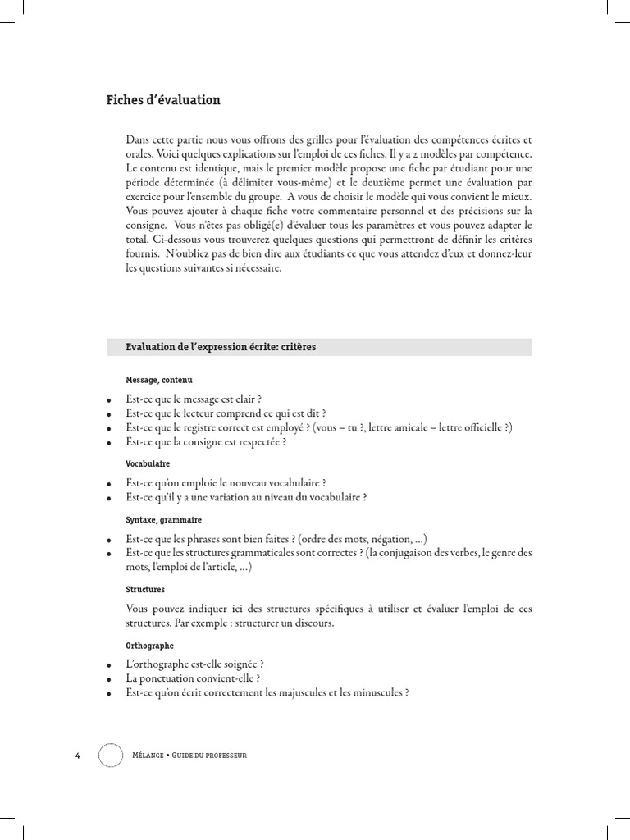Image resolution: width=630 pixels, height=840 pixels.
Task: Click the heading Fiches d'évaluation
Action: coord(163,100)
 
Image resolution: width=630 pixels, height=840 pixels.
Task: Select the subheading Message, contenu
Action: coord(159,381)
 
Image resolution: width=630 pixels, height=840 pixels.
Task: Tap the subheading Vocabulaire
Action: coord(148,463)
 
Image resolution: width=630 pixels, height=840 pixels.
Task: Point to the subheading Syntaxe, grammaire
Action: coord(163,520)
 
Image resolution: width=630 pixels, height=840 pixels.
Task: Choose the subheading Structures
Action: coord(145,589)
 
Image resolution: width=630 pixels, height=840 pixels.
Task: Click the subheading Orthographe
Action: coord(149,646)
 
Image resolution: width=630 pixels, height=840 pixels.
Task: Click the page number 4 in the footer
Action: coord(77,754)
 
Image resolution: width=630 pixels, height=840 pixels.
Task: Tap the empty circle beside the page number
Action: coord(111,754)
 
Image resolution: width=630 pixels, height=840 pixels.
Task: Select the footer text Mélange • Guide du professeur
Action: coord(190,754)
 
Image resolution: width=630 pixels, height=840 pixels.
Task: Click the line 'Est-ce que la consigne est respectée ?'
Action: coord(206,442)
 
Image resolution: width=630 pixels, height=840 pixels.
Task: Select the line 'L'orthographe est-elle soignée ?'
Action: coord(194,664)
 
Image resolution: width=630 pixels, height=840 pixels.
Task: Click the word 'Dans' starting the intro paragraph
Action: coord(138,139)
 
